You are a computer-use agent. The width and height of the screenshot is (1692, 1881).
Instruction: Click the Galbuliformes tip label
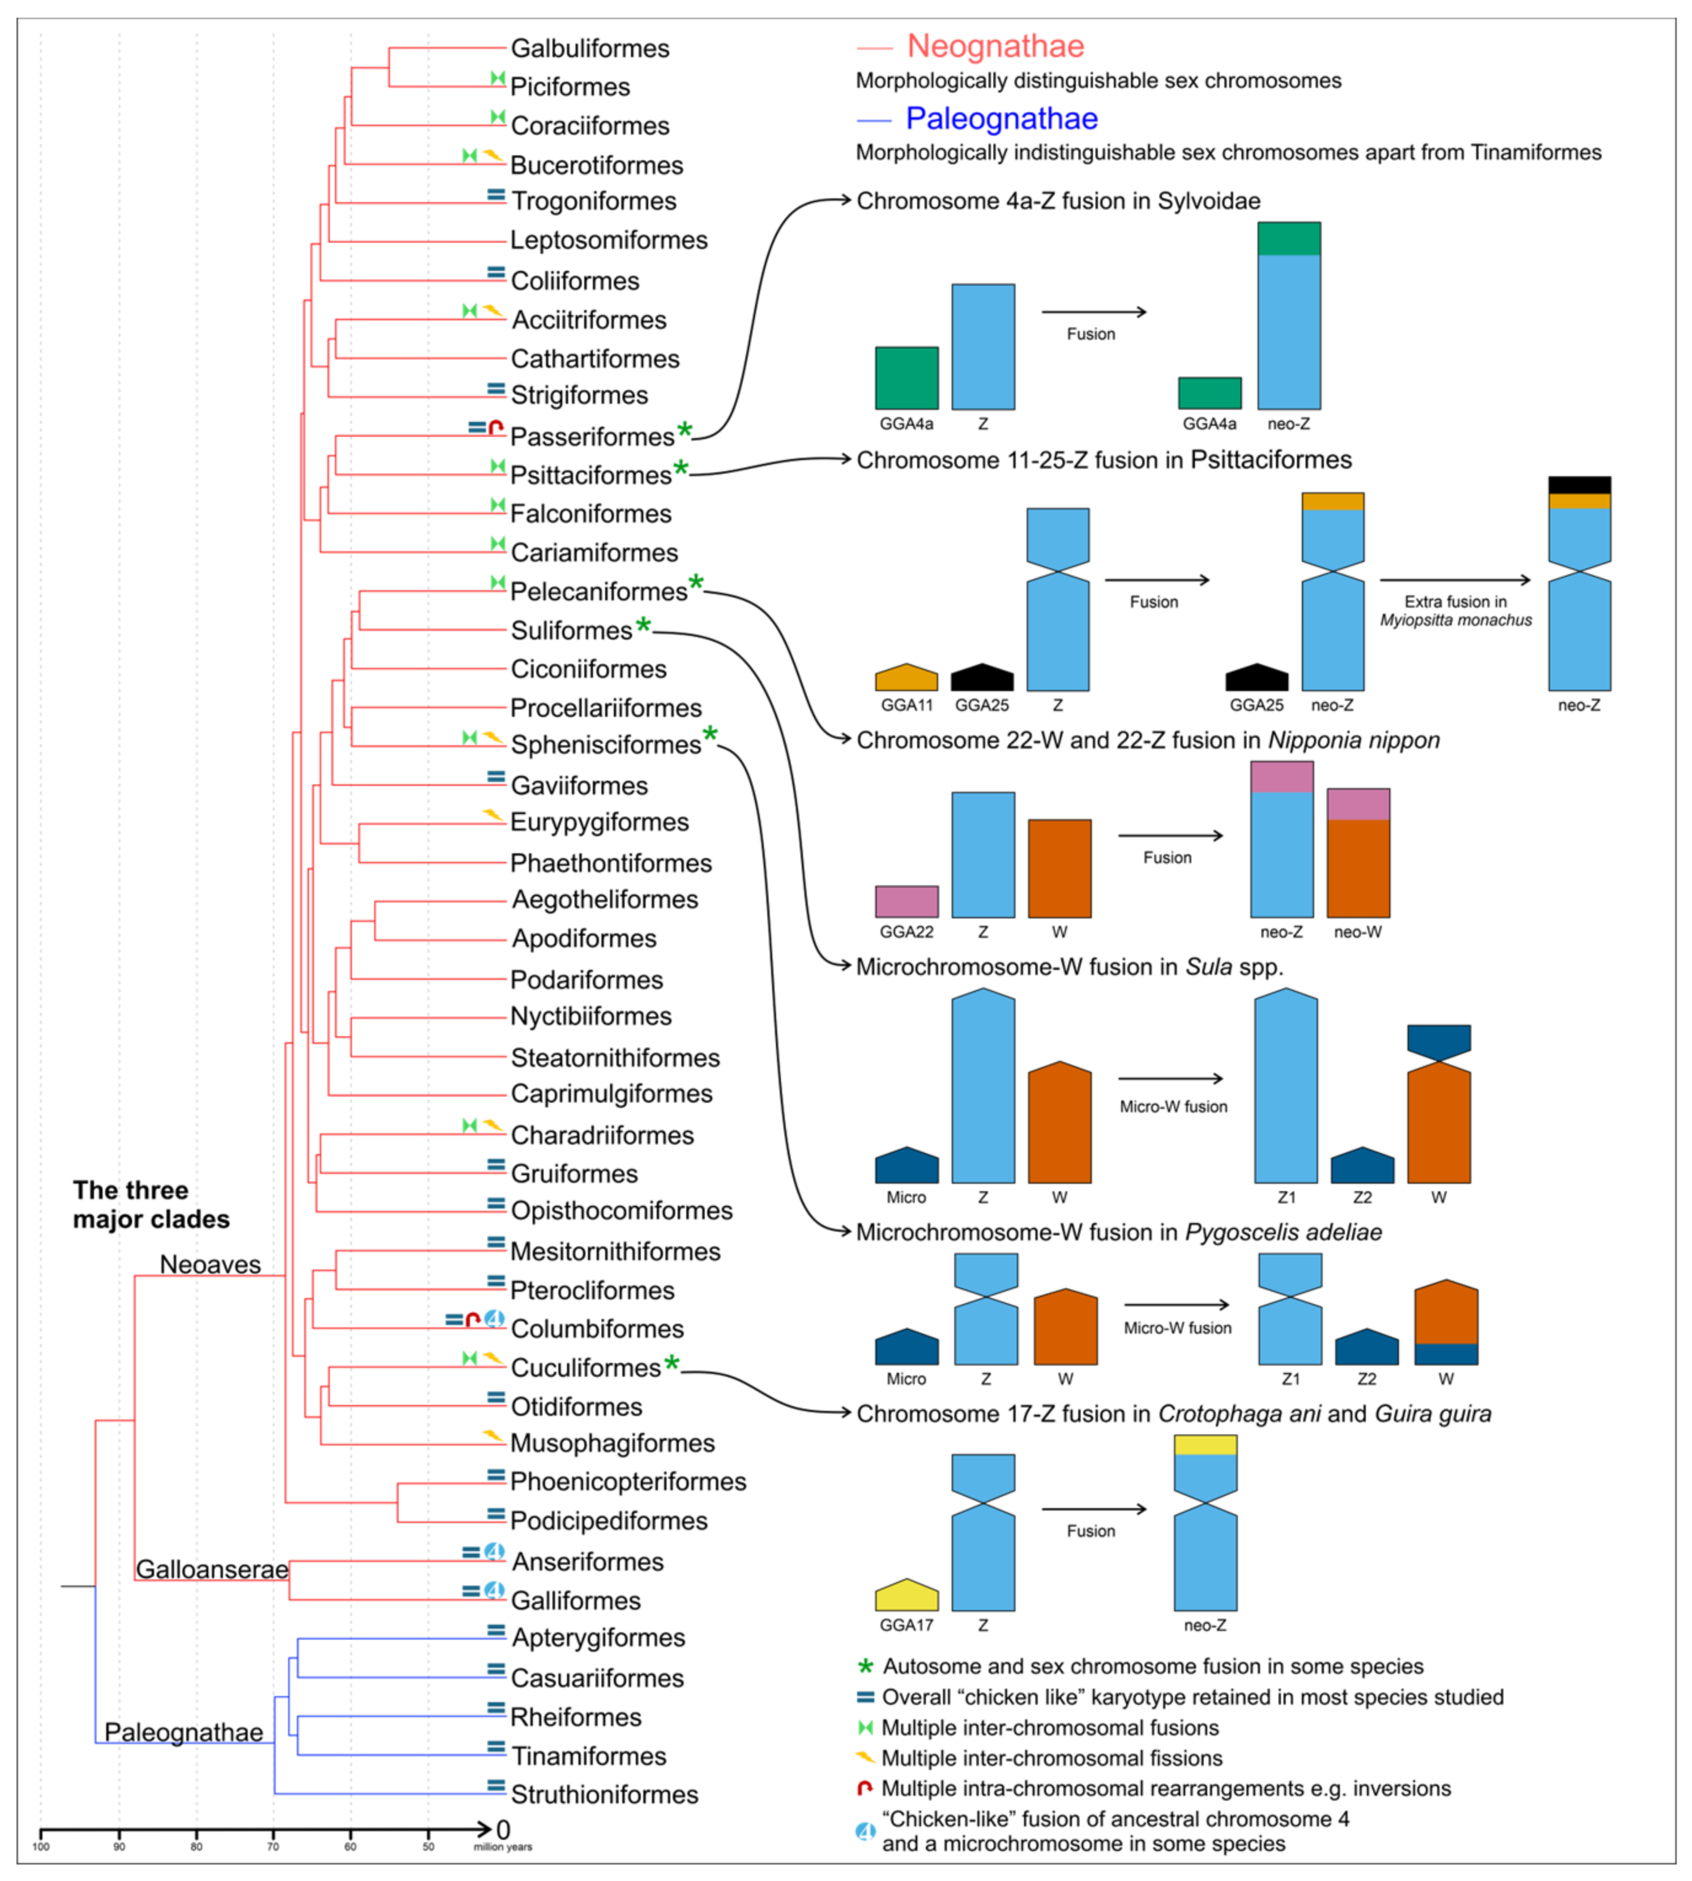589,49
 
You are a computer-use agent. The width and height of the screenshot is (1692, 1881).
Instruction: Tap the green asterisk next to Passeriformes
685,429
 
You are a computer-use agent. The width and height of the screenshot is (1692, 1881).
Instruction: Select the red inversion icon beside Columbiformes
472,1320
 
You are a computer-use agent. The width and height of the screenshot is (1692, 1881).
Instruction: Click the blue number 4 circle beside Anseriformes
495,1552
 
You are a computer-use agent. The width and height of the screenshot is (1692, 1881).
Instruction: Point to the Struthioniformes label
605,1794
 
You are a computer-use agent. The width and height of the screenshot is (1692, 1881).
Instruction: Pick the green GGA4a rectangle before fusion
906,378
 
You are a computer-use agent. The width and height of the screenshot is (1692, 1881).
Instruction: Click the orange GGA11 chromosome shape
906,676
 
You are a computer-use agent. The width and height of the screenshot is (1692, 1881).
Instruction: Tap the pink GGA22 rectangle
906,901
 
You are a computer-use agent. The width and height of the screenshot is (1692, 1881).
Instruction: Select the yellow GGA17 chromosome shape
906,1595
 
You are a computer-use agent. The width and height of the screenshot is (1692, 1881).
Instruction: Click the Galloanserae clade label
212,1569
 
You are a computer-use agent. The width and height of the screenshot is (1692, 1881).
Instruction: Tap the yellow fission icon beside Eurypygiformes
493,815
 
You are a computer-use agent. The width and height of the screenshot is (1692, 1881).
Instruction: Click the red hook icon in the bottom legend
864,1788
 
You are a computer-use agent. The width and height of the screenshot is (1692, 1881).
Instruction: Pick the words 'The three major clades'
151,1205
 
